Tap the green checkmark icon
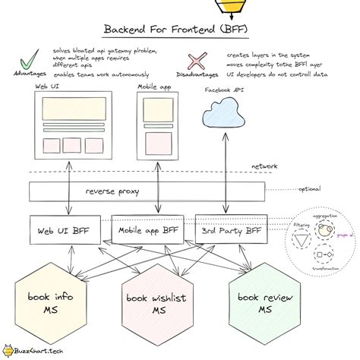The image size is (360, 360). click(30, 60)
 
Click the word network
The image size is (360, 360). click(264, 166)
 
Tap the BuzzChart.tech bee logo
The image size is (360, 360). click(8, 351)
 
